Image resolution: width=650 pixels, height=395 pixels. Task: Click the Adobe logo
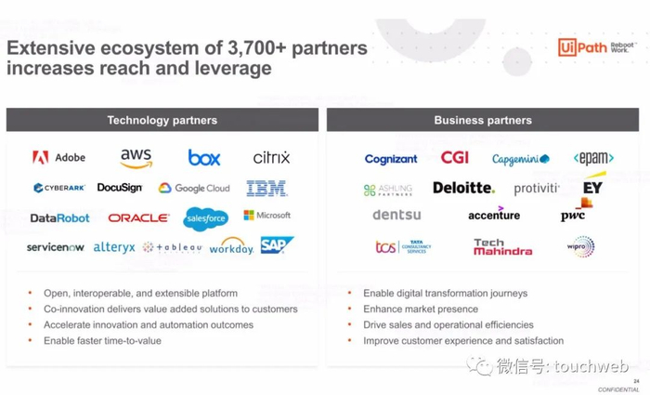58,158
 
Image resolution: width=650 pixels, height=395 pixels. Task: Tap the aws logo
136,159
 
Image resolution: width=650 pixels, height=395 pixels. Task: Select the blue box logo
204,158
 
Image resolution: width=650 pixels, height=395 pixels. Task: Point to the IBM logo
266,189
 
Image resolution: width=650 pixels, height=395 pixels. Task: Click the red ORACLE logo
138,218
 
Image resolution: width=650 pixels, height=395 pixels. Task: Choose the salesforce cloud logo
205,219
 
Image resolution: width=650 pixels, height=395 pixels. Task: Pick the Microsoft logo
267,216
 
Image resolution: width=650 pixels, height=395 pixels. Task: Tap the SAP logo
276,245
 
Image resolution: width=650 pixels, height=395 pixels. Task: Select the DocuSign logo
120,188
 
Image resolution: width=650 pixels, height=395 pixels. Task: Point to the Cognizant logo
391,160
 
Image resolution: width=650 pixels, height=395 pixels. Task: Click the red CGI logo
454,159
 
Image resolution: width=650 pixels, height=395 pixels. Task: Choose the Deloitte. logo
463,188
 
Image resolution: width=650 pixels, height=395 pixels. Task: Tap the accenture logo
494,215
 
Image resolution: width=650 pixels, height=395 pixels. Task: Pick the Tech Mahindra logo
502,247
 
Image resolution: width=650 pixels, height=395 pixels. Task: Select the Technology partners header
162,120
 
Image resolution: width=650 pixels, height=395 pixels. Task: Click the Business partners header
483,120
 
